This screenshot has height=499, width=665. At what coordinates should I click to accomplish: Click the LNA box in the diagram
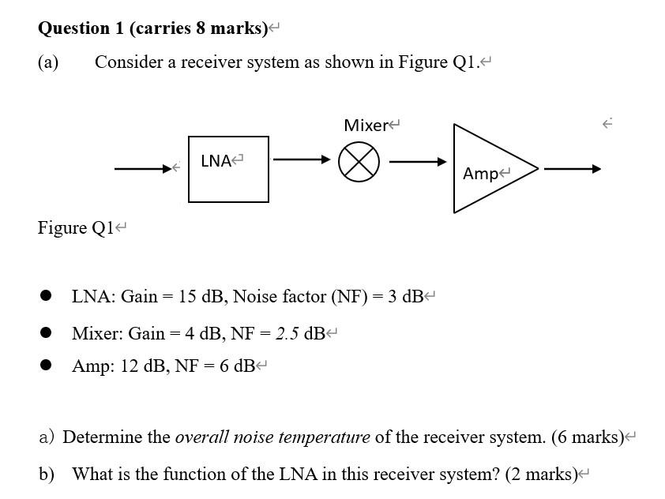[228, 169]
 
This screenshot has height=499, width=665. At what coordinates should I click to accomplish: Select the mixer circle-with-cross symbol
[359, 163]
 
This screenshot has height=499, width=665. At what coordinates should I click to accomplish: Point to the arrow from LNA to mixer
[302, 160]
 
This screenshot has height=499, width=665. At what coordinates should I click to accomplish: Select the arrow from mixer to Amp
[418, 163]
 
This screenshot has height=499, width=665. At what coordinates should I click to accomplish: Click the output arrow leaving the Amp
[572, 168]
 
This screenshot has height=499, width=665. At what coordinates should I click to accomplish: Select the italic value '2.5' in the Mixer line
[287, 333]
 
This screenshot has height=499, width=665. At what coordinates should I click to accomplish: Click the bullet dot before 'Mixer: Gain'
[47, 332]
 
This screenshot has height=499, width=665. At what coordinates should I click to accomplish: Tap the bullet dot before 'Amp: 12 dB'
[47, 366]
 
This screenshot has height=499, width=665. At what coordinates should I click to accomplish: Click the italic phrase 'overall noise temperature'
[272, 437]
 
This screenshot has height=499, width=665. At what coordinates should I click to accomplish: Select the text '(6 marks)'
[586, 437]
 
